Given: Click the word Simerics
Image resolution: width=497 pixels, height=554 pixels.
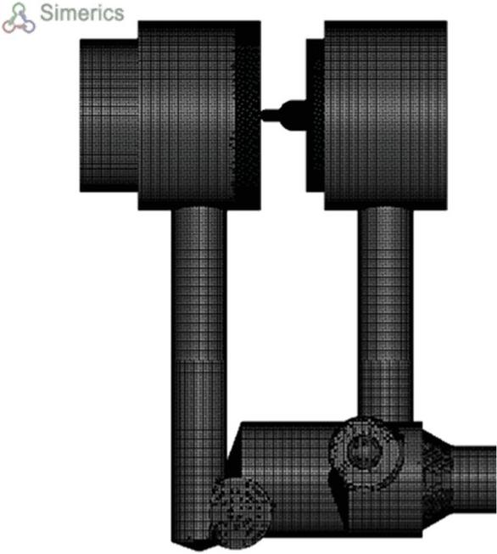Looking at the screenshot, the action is tap(82, 13).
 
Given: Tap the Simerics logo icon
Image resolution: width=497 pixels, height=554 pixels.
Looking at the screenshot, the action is tap(19, 19).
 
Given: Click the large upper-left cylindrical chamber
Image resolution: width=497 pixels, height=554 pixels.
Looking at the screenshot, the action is tap(199, 115).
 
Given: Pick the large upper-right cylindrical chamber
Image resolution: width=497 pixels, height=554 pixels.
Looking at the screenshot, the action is tap(386, 115).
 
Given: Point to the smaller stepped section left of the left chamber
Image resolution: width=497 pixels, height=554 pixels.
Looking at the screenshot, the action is tap(109, 115).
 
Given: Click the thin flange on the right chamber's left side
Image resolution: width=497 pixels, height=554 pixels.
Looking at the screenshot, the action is tap(316, 115).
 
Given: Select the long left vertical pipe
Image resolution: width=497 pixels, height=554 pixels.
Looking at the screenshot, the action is tap(198, 374).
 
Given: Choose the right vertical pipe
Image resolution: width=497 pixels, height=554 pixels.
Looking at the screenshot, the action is tap(385, 315).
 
